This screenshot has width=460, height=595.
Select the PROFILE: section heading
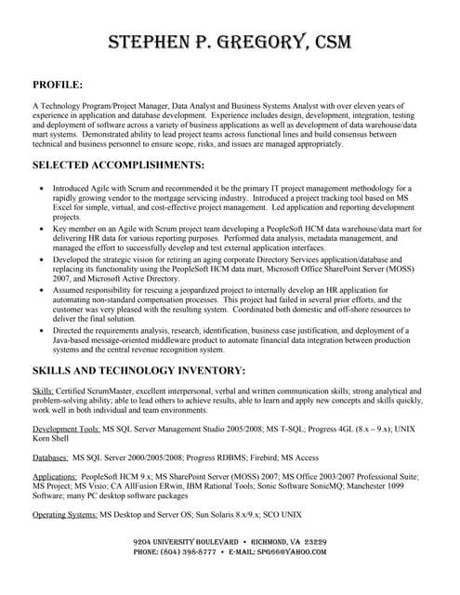coord(58,85)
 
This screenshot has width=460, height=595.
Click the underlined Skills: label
coord(44,391)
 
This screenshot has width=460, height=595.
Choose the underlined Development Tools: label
coord(66,429)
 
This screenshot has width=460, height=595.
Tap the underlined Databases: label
coord(50,457)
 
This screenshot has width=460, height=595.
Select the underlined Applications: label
coord(55,476)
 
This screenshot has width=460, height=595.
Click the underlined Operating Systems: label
coord(64,514)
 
